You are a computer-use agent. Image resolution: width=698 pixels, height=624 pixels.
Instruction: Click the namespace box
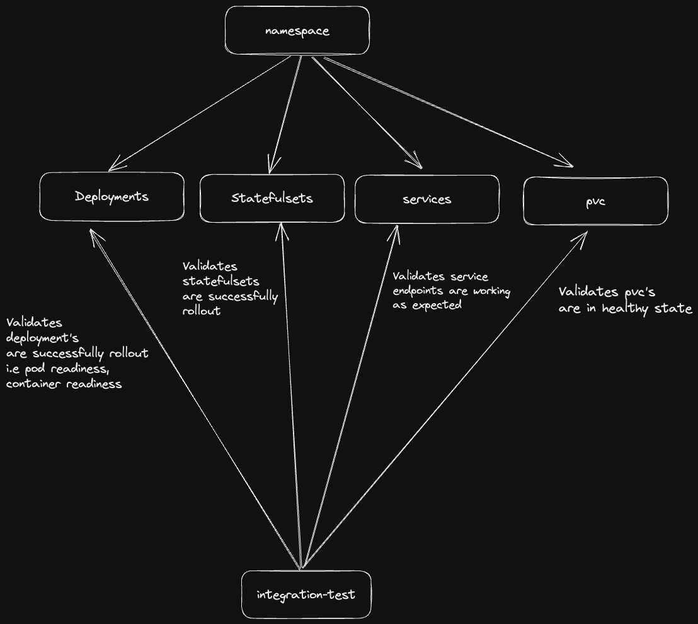(297, 31)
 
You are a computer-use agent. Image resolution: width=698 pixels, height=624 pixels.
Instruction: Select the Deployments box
(112, 197)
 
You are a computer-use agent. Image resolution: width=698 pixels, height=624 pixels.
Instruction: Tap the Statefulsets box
(272, 199)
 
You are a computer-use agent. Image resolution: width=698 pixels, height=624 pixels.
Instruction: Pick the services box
(427, 199)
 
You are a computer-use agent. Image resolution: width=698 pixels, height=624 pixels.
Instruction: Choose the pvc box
(595, 201)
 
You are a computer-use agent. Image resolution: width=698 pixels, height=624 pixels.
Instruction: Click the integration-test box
(306, 594)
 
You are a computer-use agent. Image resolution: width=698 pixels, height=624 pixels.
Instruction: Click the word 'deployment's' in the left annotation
(42, 338)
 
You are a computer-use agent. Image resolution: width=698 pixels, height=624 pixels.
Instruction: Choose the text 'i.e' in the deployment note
(14, 369)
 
